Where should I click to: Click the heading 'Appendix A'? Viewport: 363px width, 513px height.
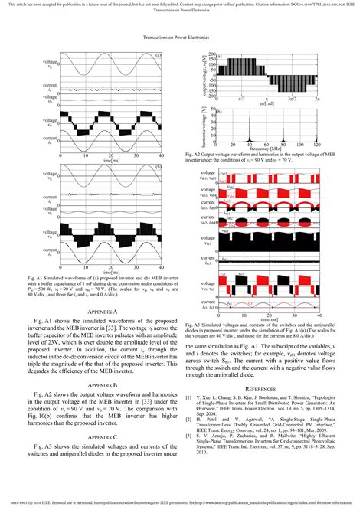(103, 312)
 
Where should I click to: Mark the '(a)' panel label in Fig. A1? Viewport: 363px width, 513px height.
(158, 55)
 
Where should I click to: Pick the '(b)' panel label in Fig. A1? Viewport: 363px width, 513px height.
(158, 168)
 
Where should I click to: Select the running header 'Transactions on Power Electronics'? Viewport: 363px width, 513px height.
(181, 36)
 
